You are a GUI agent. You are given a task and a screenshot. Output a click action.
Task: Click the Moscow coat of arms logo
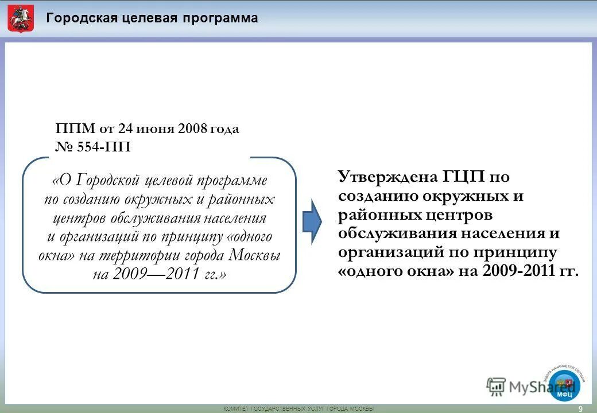[20, 19]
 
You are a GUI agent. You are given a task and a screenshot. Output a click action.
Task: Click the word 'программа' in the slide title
[220, 18]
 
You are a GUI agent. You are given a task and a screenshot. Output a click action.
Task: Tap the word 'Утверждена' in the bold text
[387, 176]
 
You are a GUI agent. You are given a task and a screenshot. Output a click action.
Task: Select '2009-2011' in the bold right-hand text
[518, 271]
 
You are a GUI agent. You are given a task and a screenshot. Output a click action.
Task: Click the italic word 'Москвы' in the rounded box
[254, 255]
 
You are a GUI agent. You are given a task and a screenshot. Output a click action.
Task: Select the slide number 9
[580, 408]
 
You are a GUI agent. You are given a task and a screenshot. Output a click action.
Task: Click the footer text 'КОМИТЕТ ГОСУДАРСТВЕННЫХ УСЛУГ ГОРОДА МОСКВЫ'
[298, 408]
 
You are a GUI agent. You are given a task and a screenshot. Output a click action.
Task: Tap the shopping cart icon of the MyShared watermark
[496, 387]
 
